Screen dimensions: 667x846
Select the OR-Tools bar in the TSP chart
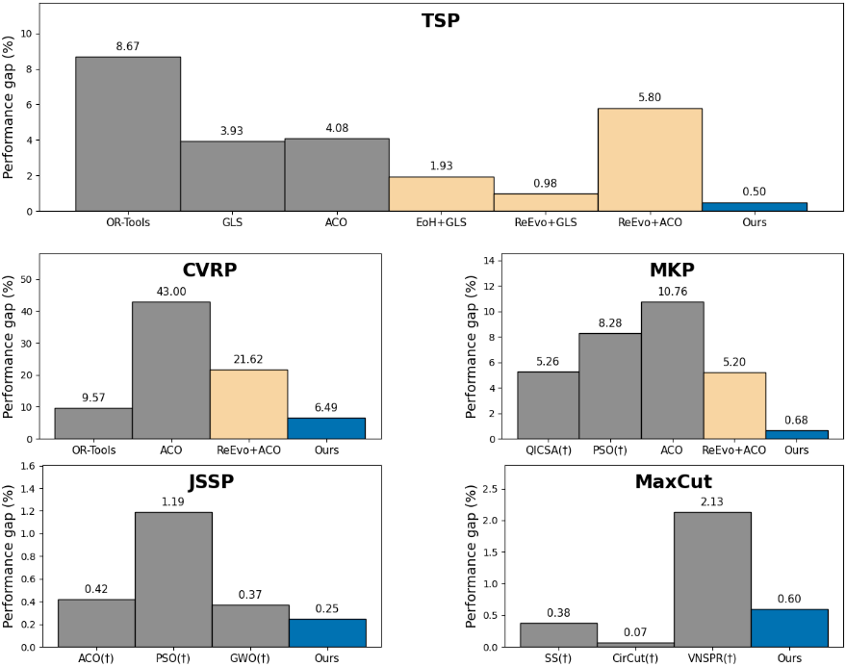click(128, 134)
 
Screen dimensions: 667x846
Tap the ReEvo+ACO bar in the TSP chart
click(650, 160)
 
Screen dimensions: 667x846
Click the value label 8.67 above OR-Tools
click(128, 46)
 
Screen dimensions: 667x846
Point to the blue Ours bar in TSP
click(754, 207)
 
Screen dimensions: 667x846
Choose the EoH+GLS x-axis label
click(441, 221)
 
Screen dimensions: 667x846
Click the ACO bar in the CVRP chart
click(171, 371)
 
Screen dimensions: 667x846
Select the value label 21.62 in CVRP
click(248, 359)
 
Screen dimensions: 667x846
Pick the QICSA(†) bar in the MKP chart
click(548, 405)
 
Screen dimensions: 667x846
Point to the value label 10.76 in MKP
click(672, 291)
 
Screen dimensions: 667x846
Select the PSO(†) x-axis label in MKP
click(609, 449)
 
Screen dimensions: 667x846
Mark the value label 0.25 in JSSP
click(327, 608)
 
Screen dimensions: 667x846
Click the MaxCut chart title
click(673, 480)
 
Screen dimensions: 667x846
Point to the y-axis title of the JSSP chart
click(10, 556)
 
